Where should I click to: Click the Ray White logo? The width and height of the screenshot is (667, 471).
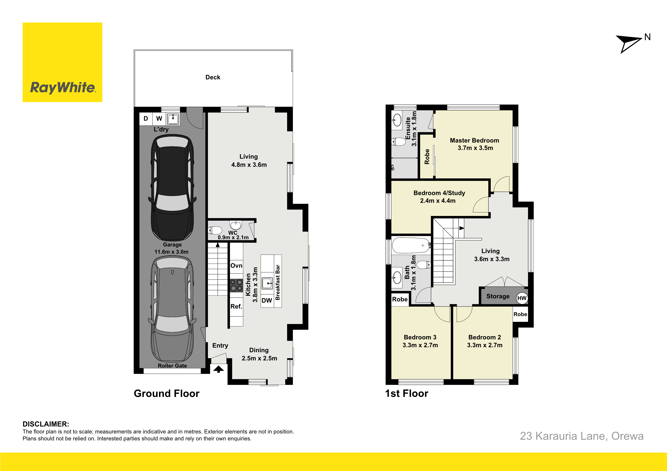(x=62, y=62)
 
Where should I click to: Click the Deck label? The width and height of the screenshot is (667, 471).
(x=213, y=77)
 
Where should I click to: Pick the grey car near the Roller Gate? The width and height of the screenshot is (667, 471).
(x=172, y=310)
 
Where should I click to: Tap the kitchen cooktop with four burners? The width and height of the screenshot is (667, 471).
(x=236, y=285)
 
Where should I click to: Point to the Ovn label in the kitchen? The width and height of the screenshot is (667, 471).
(x=236, y=266)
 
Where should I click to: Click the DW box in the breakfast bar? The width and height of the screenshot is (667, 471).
(x=267, y=300)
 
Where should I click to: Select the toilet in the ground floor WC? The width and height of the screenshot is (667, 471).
(x=215, y=230)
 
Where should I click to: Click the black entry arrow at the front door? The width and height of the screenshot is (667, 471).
(x=218, y=369)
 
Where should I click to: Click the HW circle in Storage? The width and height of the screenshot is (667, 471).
(x=522, y=298)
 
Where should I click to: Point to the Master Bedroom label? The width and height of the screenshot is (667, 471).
(x=474, y=141)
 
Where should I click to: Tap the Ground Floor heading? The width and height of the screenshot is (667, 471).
(x=166, y=394)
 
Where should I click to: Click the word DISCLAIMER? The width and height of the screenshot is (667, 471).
(x=46, y=424)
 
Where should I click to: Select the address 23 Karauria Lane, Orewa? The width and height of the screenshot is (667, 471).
(x=582, y=436)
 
